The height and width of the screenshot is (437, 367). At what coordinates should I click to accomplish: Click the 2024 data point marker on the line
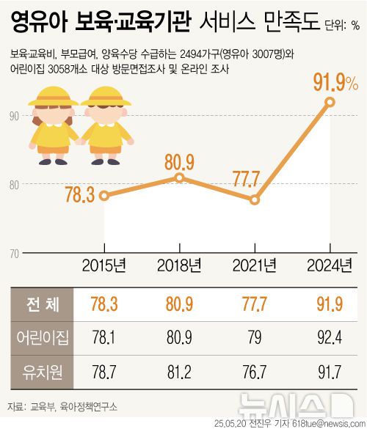[330, 102]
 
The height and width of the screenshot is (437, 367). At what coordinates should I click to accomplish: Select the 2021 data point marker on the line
[255, 199]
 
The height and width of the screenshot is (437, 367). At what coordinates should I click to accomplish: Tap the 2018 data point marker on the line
[180, 177]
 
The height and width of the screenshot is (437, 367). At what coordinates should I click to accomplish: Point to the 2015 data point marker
[104, 195]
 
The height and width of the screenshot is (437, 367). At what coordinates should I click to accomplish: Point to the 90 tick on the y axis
[14, 114]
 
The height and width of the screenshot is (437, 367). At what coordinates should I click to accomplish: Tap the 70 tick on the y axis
[14, 254]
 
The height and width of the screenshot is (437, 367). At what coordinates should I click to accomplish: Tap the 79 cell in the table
[255, 338]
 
